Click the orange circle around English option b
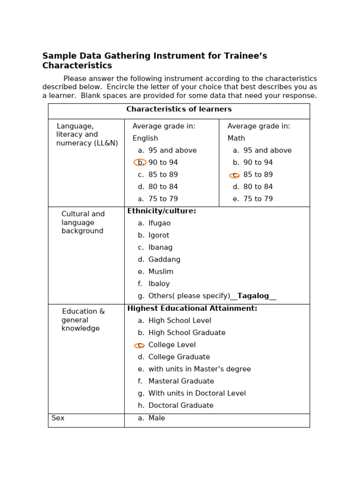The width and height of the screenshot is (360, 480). (x=140, y=163)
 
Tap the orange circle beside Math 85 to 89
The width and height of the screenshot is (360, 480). (x=234, y=175)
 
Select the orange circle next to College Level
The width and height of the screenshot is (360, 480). (x=139, y=345)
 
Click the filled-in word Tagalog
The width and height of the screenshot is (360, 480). (x=253, y=296)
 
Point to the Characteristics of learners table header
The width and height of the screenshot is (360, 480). (x=179, y=109)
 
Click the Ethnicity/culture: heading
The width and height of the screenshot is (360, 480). (x=162, y=211)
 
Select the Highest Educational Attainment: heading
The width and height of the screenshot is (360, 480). (x=192, y=308)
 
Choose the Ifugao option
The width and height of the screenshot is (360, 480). (x=159, y=223)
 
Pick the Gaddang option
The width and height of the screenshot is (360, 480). (x=164, y=260)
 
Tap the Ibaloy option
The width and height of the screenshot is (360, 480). (x=159, y=284)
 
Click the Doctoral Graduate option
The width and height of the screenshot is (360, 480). (x=180, y=405)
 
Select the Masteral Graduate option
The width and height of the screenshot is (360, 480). (x=181, y=381)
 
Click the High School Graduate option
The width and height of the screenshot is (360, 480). (x=187, y=333)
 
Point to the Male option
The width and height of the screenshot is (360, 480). (x=157, y=418)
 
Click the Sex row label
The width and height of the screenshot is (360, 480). (x=58, y=418)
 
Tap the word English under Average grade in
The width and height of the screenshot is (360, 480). (x=145, y=138)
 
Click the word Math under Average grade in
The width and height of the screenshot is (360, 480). (x=236, y=138)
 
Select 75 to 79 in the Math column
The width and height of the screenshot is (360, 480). (x=258, y=199)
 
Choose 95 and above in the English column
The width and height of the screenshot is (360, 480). (x=172, y=150)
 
